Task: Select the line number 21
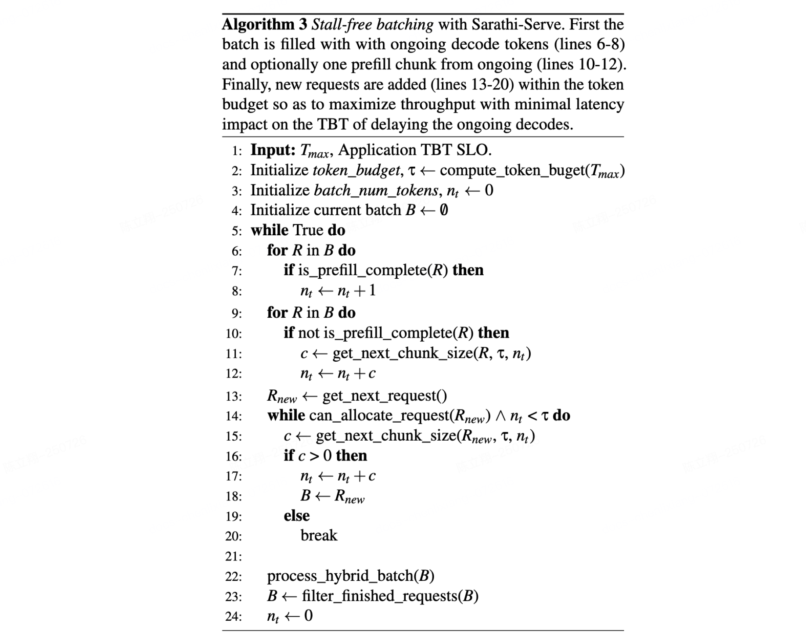tap(233, 557)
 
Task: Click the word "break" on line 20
tap(319, 536)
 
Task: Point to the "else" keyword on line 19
tap(296, 516)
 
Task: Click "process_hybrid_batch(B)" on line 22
tap(350, 576)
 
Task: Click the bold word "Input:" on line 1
tap(273, 150)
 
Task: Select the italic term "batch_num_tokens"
tap(376, 191)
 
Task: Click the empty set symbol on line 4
tap(443, 210)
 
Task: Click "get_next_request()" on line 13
tap(385, 396)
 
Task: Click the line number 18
tap(233, 496)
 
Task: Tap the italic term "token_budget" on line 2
tap(356, 170)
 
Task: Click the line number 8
tap(236, 291)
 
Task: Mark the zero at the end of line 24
tap(308, 616)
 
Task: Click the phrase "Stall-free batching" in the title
tap(372, 25)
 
